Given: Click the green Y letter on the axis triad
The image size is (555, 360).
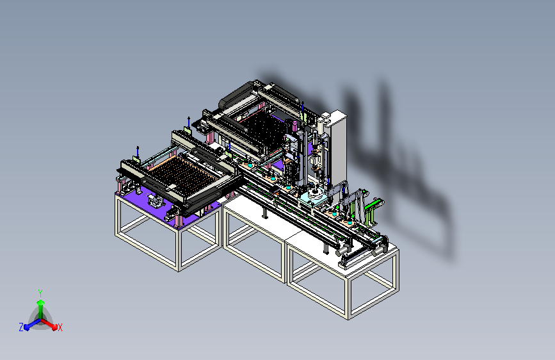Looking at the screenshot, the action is click(x=40, y=293).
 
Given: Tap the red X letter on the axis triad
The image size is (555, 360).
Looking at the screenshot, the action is click(x=60, y=327).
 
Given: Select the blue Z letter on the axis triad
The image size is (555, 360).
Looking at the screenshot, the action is click(x=21, y=327).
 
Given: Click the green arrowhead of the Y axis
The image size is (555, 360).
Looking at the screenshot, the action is click(x=40, y=303).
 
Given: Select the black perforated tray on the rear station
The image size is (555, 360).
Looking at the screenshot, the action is click(x=263, y=131).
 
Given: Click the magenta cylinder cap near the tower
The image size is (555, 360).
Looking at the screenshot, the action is click(x=294, y=125).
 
